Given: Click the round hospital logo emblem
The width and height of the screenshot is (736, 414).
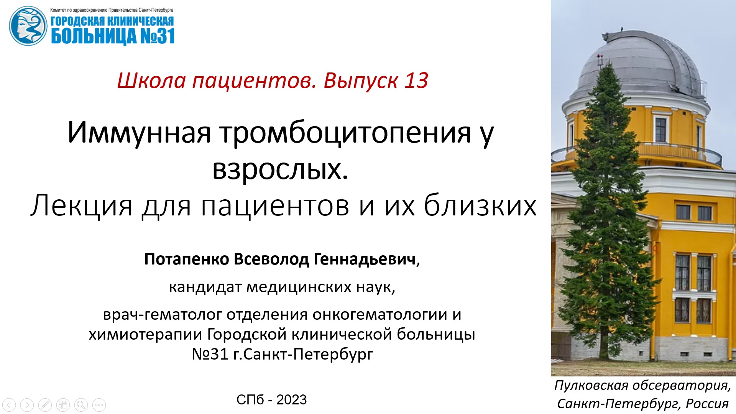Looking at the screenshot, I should coord(28,26).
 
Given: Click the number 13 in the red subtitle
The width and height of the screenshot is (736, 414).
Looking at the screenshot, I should coord(416,81).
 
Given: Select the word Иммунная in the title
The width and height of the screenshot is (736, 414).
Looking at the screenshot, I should coord(139,133).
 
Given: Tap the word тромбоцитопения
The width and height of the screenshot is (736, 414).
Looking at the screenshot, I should coord(345,133).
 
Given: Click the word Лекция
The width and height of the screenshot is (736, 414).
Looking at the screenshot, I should coord(81,205).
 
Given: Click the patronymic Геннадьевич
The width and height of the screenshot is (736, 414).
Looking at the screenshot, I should coord(365,260).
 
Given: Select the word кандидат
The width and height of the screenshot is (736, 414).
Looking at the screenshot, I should coord(205,287).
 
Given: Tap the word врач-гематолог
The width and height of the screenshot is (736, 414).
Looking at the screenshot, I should coord(163,315).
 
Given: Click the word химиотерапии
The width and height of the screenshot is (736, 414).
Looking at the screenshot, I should coord(145,334).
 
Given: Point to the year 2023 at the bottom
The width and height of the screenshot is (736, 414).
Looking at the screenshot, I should coord(291,400).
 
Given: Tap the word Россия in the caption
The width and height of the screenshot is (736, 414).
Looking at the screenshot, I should coord(707,404).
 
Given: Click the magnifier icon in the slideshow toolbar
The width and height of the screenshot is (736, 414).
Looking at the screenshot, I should coord(81,405).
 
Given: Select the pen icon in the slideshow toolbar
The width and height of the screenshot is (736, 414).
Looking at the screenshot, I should coord(45,405).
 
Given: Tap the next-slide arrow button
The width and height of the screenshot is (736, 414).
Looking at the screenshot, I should coord(27,405).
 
